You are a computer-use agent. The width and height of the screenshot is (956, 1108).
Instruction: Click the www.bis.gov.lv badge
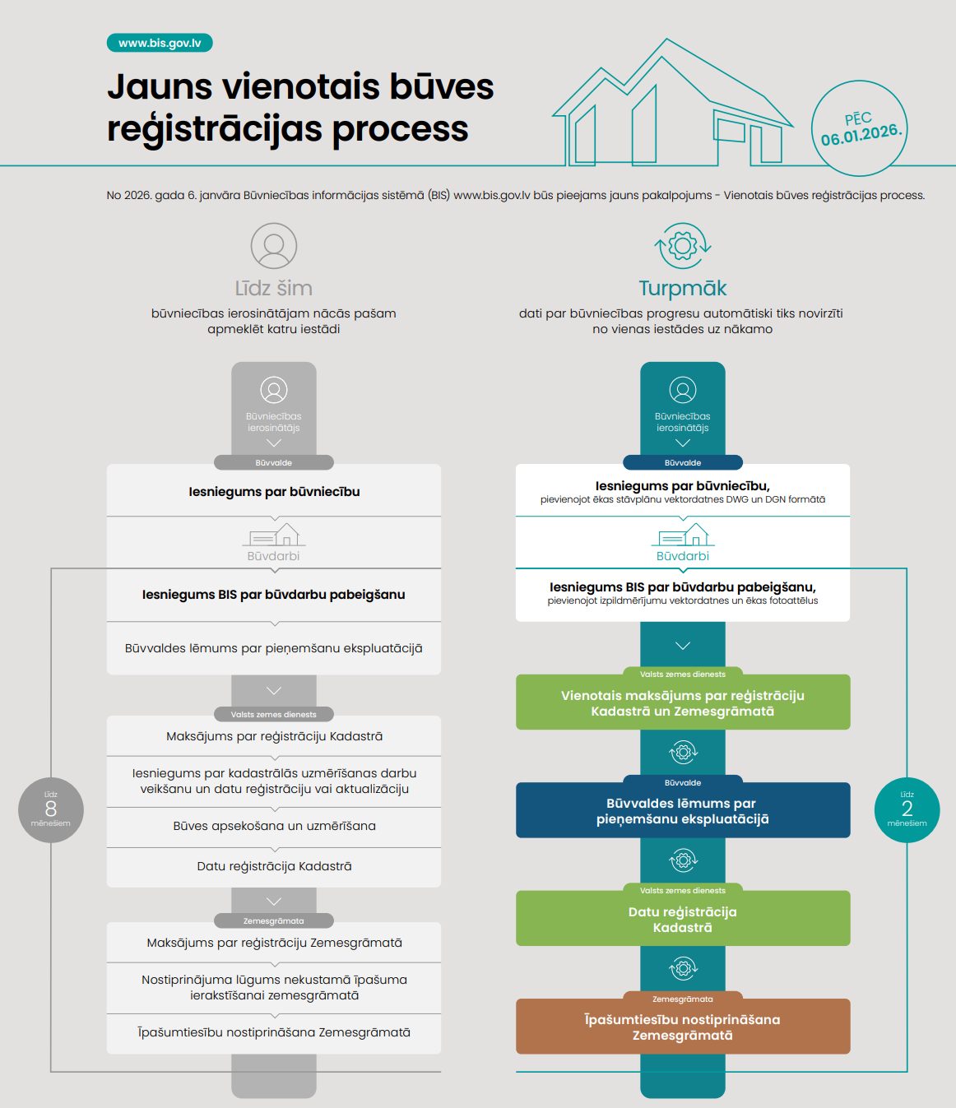(x=160, y=43)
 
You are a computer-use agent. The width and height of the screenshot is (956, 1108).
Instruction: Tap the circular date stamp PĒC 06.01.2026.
(x=859, y=128)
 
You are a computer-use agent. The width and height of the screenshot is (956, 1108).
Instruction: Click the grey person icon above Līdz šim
(x=273, y=246)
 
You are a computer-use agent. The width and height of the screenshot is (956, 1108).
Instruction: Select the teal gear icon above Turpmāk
(x=683, y=245)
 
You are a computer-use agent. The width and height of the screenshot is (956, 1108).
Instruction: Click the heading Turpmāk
(x=683, y=289)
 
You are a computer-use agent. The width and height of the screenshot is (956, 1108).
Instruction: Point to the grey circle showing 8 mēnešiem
(x=51, y=809)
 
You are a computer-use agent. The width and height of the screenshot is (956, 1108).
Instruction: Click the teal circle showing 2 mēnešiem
(x=907, y=809)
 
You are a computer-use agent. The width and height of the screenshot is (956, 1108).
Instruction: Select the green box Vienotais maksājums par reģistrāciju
(x=683, y=703)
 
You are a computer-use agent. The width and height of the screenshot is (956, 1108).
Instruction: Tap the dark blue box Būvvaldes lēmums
(x=683, y=811)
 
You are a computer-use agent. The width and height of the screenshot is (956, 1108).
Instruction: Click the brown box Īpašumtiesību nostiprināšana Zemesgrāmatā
(x=683, y=1027)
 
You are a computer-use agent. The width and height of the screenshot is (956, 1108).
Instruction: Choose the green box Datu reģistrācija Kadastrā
(x=683, y=920)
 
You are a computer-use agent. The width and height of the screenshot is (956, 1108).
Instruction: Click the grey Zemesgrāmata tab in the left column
(x=273, y=920)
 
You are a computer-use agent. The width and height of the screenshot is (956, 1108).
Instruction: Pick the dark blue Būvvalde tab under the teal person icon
(x=683, y=462)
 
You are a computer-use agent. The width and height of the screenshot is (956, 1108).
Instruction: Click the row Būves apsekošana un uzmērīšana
(x=274, y=826)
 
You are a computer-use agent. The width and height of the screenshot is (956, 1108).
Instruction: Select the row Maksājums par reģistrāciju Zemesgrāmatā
(x=274, y=943)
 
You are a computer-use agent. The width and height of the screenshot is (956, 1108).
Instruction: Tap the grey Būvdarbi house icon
(x=274, y=535)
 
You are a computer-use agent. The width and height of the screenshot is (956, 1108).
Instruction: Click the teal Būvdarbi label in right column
(x=683, y=556)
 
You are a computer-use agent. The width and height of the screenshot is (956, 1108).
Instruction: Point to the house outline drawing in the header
(x=671, y=107)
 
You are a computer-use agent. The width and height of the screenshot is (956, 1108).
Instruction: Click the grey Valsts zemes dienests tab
(x=273, y=714)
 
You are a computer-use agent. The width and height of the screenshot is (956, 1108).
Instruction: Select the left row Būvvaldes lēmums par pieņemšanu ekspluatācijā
(x=274, y=648)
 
